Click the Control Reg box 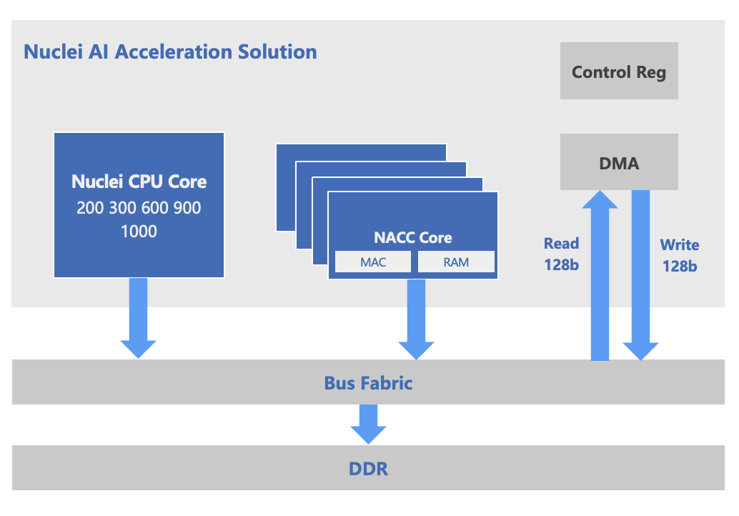[619, 71]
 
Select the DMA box [619, 163]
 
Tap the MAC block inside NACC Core [373, 262]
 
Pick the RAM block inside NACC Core [456, 262]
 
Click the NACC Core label [413, 238]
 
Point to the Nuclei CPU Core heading [139, 182]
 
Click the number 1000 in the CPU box [139, 232]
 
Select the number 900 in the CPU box [187, 208]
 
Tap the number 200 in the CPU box [90, 208]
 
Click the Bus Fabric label [368, 383]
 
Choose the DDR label [368, 469]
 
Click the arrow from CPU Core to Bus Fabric [138, 318]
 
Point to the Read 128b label [562, 254]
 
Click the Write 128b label [679, 255]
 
